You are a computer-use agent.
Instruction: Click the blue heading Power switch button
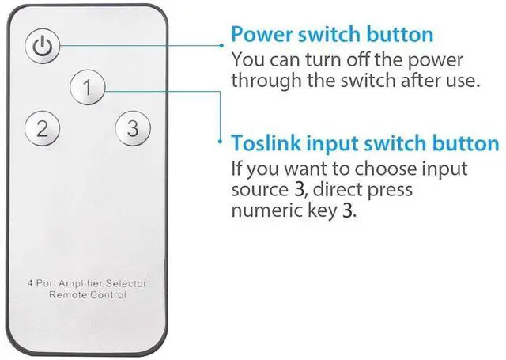[x=331, y=35]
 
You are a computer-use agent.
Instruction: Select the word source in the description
[x=256, y=191]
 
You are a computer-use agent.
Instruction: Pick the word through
[x=264, y=81]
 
